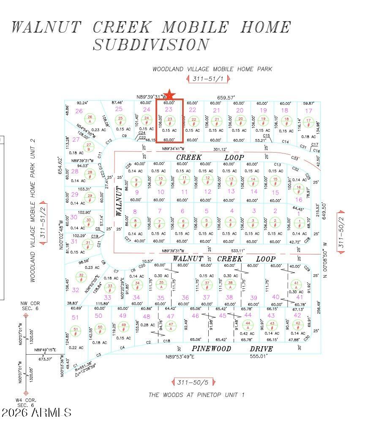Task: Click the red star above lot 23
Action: (169, 95)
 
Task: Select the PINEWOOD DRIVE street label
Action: (232, 349)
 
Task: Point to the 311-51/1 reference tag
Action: (208, 79)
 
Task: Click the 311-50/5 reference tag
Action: (193, 383)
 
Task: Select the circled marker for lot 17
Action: (309, 120)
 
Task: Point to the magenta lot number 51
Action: (76, 317)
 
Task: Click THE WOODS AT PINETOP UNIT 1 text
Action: (196, 395)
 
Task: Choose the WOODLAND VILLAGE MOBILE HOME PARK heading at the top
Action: (212, 69)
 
